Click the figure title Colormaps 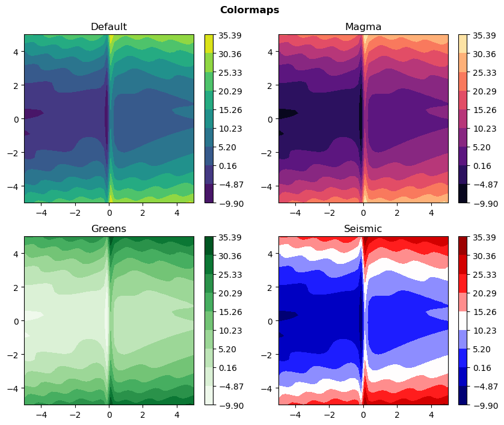coord(249,10)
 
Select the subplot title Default coord(108,26)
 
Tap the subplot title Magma coord(363,26)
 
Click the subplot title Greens coord(108,228)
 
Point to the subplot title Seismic coord(363,228)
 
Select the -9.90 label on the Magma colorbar coord(484,203)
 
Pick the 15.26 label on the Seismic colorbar coord(484,311)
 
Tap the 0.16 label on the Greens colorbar coord(229,367)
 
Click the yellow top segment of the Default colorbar coord(209,43)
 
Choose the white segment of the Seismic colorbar coord(463,320)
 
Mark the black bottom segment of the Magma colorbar coord(463,194)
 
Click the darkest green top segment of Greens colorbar coord(209,245)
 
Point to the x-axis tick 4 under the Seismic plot coord(431,414)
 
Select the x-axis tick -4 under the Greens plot coord(41,414)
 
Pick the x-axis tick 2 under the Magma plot coord(397,212)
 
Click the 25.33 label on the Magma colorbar coord(484,72)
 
